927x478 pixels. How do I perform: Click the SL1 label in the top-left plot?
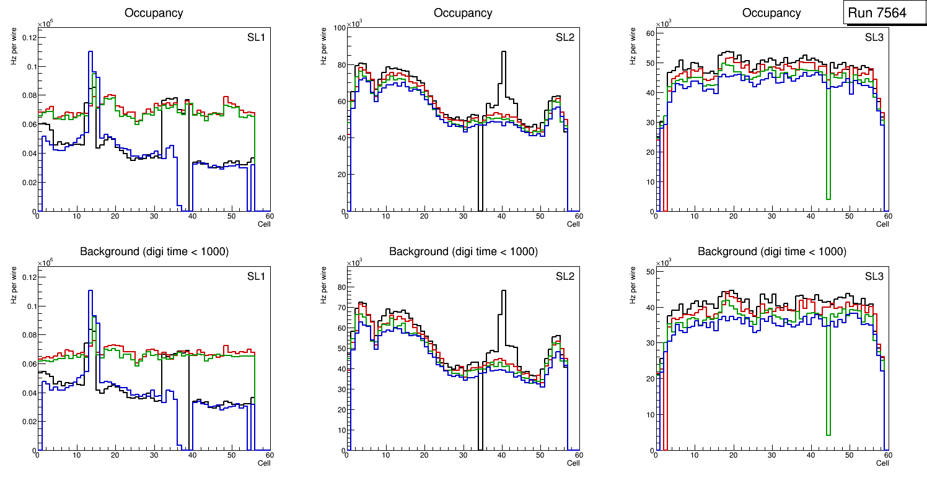point(256,37)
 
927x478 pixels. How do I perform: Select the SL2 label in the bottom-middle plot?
point(565,276)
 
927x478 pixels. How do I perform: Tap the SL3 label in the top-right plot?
point(874,37)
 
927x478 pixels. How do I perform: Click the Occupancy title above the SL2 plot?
point(463,13)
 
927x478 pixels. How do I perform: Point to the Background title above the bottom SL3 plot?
point(772,252)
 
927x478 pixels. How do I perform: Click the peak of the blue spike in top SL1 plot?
point(90,52)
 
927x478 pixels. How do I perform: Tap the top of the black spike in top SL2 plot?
point(503,52)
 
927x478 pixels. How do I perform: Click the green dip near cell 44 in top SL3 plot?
point(828,198)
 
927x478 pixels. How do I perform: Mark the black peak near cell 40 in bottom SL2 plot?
point(503,291)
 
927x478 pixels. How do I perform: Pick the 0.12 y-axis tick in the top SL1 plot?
point(29,38)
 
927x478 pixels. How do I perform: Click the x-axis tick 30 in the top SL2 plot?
point(462,216)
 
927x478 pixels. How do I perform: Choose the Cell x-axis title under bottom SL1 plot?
point(264,463)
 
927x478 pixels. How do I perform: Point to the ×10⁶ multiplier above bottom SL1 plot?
point(45,263)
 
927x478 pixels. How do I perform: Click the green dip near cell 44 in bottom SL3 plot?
point(828,434)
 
